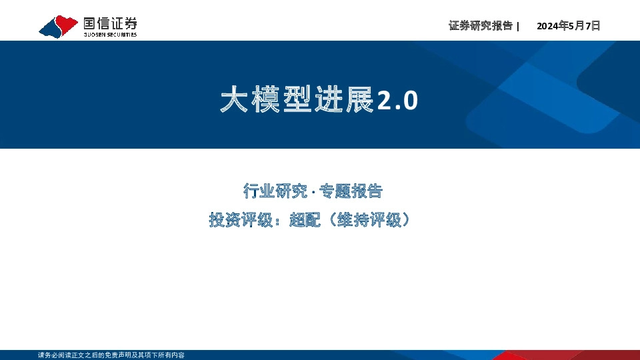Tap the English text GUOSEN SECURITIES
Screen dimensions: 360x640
coord(110,35)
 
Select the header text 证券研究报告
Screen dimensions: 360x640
coord(481,26)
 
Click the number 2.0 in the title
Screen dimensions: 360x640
coord(398,101)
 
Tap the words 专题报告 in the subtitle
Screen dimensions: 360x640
coord(351,191)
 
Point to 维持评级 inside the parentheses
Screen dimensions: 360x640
coord(369,220)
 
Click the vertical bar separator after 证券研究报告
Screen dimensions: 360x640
coord(518,26)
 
